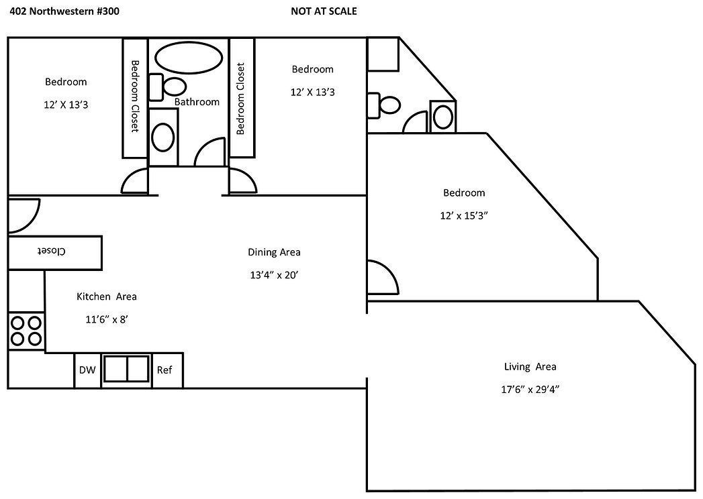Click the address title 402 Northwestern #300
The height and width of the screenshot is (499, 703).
pyautogui.click(x=65, y=11)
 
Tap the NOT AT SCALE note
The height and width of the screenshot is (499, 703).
pyautogui.click(x=324, y=11)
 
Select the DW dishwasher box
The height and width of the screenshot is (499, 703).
pyautogui.click(x=87, y=370)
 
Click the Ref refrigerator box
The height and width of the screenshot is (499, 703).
pyautogui.click(x=165, y=370)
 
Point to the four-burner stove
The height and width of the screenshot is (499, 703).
pyautogui.click(x=26, y=331)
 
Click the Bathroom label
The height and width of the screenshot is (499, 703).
pyautogui.click(x=197, y=102)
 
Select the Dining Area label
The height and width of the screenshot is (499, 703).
pyautogui.click(x=274, y=252)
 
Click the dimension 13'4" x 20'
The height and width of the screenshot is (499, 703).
pyautogui.click(x=274, y=274)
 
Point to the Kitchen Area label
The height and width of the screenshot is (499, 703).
pyautogui.click(x=106, y=296)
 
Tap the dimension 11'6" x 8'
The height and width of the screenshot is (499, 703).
pyautogui.click(x=106, y=319)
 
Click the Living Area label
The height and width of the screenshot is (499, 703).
pyautogui.click(x=530, y=366)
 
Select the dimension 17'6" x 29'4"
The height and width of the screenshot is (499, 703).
pyautogui.click(x=530, y=389)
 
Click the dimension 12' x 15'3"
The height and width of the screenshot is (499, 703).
pyautogui.click(x=463, y=216)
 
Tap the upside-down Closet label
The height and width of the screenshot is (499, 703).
pyautogui.click(x=51, y=251)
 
